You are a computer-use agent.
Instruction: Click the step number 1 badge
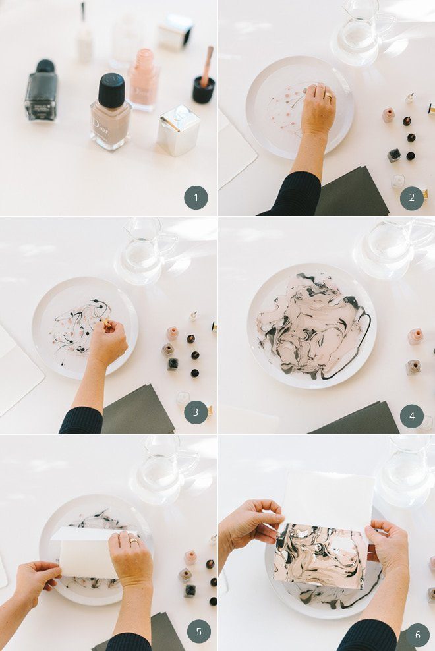click(196, 198)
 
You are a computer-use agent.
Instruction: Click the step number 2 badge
click(412, 198)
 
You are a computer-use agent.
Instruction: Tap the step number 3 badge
click(196, 412)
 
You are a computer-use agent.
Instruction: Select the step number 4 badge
click(412, 416)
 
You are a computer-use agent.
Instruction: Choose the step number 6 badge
click(417, 635)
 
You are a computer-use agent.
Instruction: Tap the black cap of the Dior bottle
click(111, 90)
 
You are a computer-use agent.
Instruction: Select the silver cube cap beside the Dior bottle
click(178, 130)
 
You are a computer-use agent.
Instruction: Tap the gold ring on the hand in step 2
click(327, 96)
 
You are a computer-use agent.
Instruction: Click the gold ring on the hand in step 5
click(134, 541)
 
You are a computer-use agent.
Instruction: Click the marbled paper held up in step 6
click(320, 553)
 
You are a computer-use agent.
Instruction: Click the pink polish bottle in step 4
click(415, 337)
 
